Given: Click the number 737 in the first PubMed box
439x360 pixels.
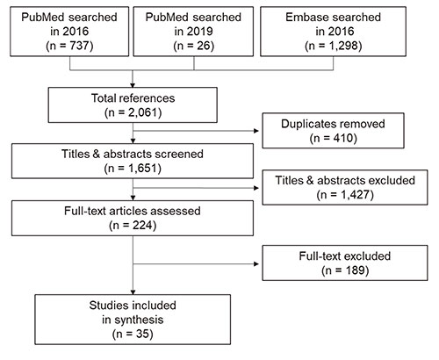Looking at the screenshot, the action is (79, 46).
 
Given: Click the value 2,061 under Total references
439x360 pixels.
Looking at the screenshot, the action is (143, 112).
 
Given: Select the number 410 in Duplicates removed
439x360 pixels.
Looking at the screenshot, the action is (343, 138).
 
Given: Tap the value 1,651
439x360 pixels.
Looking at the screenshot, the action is (142, 169).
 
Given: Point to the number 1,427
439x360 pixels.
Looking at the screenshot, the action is (356, 194).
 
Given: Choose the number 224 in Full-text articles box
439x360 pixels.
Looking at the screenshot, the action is (142, 226).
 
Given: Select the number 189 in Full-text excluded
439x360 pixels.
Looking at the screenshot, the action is (355, 270).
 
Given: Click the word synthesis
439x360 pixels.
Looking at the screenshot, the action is (139, 320).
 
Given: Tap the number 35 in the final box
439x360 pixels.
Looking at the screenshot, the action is (142, 334).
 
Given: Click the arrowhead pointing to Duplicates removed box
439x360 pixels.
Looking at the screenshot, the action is (256, 131).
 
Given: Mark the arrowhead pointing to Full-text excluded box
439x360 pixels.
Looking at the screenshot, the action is (256, 264).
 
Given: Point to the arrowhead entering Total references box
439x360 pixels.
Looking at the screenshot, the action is (133, 85).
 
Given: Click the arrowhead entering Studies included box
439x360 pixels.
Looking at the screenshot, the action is (133, 292).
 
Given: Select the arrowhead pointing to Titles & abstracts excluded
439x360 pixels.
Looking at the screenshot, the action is (256, 188).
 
